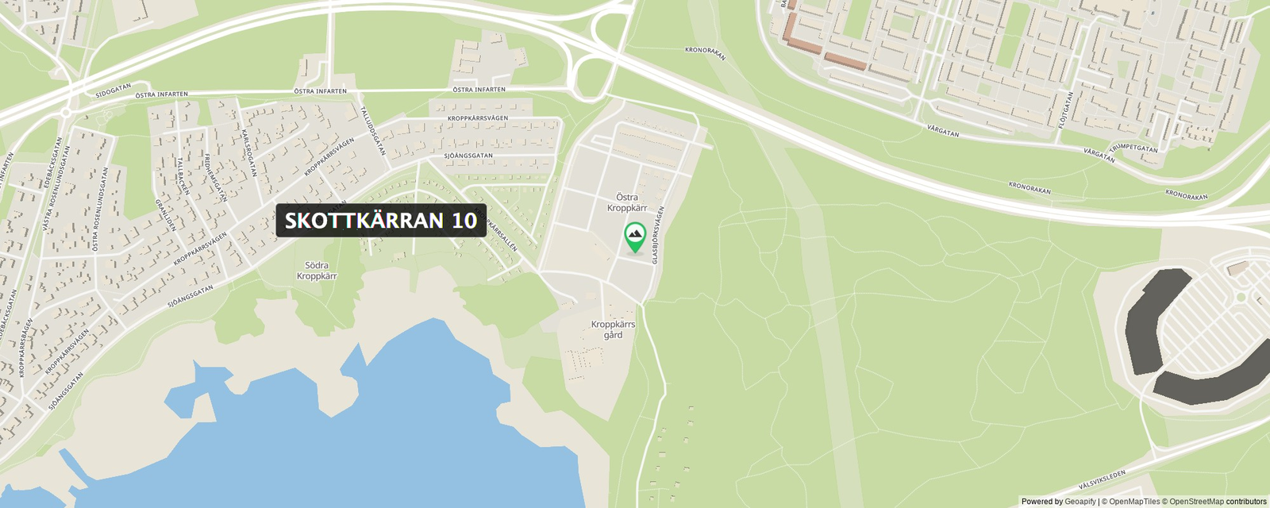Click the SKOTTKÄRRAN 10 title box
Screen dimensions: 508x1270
click(381, 220)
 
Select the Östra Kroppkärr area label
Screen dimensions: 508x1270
click(627, 202)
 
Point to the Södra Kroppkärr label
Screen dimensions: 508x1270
click(317, 271)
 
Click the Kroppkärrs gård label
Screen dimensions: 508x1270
click(613, 329)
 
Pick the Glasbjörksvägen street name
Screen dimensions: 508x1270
click(657, 235)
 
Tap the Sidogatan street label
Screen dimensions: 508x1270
click(113, 91)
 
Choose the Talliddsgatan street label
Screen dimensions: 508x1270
click(373, 130)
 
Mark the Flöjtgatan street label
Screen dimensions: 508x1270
click(1065, 110)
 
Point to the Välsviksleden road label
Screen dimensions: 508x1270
click(1102, 479)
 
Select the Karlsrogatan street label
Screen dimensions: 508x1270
click(249, 153)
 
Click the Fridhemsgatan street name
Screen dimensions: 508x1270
click(216, 177)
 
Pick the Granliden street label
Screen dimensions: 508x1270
click(165, 214)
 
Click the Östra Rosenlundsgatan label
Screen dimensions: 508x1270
click(99, 208)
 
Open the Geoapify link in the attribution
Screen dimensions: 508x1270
click(1079, 502)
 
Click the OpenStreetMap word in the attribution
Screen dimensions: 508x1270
click(1196, 502)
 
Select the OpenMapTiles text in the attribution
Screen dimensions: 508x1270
click(1134, 502)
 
